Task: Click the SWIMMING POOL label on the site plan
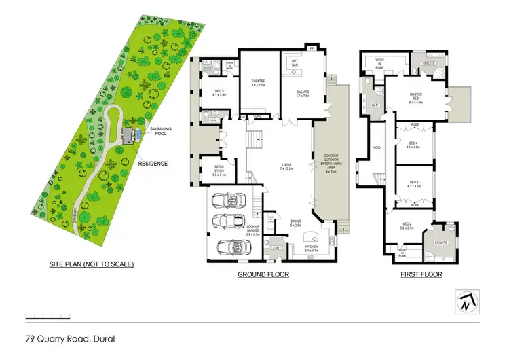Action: click(161, 131)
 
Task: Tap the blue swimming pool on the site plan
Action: click(138, 134)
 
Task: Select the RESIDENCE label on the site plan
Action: click(153, 163)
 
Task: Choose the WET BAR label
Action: click(296, 62)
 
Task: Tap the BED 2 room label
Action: click(406, 226)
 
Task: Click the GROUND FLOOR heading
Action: click(263, 275)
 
